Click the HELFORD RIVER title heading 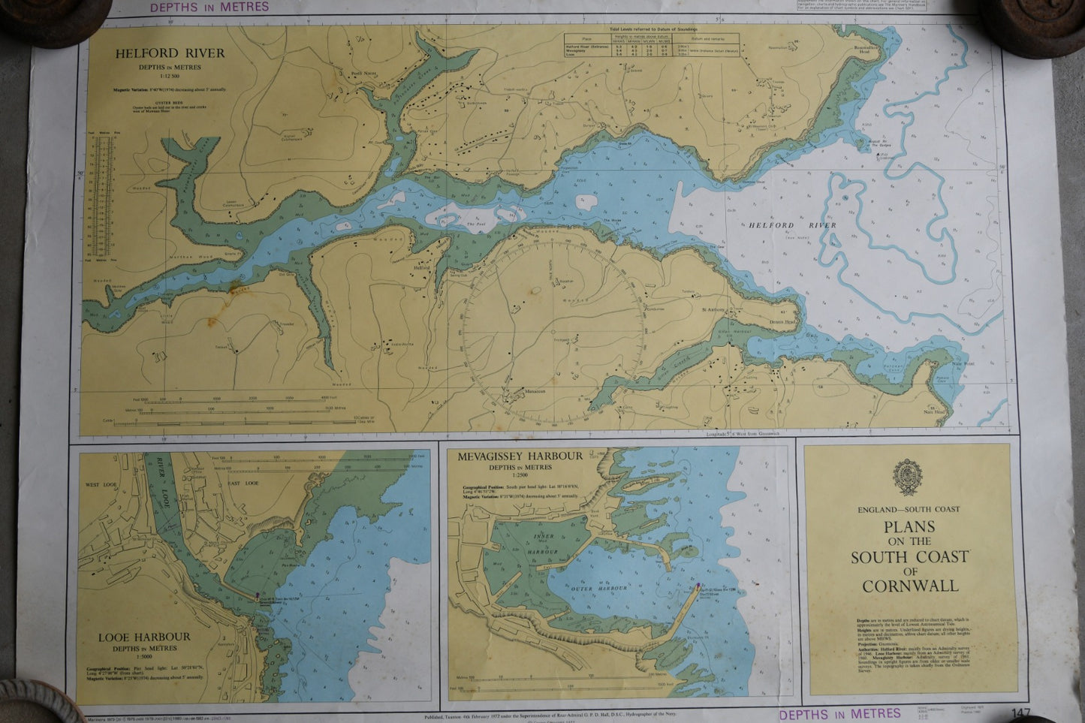[x=169, y=53]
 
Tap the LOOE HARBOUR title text [x=144, y=637]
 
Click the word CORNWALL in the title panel [x=910, y=586]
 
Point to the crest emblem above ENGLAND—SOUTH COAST [x=908, y=477]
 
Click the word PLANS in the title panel [x=909, y=526]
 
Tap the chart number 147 [x=1020, y=713]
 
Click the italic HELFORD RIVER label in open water [x=791, y=225]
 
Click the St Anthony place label [x=713, y=308]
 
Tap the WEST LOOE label [x=104, y=484]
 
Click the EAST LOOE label [x=242, y=483]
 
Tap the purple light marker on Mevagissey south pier [x=700, y=586]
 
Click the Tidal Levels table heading [x=651, y=29]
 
